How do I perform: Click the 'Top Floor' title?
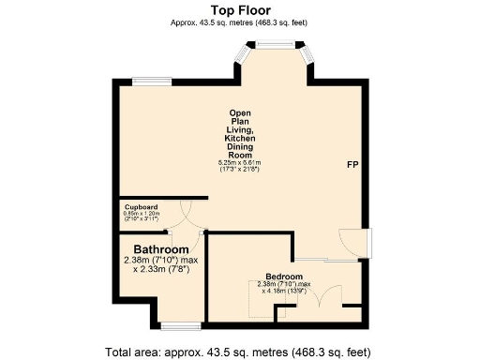(239, 9)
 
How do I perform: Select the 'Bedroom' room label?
(283, 277)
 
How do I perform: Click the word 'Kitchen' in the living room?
(239, 139)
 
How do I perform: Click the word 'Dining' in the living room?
(239, 147)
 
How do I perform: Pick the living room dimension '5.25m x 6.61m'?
(239, 163)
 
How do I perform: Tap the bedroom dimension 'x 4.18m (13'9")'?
(284, 292)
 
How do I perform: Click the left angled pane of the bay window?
(243, 62)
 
